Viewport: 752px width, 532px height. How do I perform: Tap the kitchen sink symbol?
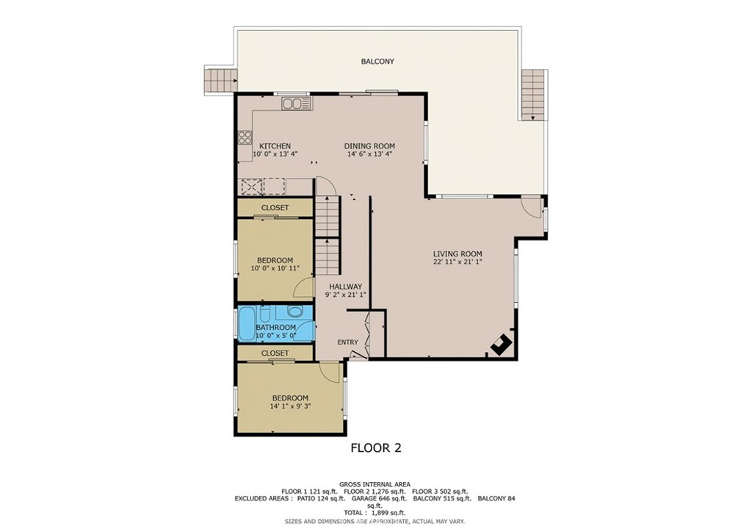point(297,103)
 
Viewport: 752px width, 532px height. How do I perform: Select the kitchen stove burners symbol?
point(245,137)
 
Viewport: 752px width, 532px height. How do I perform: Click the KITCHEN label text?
point(275,145)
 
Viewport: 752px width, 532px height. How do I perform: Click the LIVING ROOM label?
point(458,254)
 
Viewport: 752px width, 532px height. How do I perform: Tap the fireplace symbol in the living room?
point(501,344)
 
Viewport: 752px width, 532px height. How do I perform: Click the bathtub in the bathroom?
point(247,324)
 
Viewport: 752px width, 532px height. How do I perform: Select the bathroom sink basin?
point(295,312)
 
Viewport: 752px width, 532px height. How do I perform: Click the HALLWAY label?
point(345,287)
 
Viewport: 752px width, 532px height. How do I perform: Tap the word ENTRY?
point(347,342)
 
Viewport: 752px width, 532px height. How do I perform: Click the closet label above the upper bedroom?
point(275,208)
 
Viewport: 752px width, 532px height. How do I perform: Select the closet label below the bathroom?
point(275,353)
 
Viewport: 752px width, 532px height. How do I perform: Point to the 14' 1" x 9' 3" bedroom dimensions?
point(290,406)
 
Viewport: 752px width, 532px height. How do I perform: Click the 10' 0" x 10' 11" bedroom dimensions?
point(275,268)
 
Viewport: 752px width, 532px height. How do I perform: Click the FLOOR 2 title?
point(376,447)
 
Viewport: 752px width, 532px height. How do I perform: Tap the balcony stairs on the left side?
point(220,79)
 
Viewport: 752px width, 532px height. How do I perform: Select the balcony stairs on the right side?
point(534,94)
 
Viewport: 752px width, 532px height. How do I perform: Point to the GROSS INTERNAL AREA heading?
point(375,484)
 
